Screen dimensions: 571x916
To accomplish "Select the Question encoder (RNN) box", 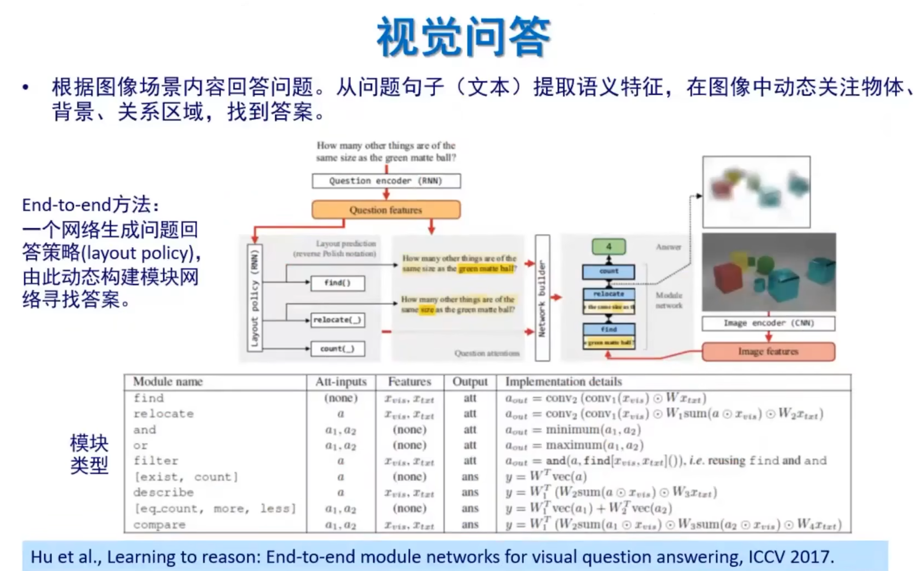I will [x=386, y=181].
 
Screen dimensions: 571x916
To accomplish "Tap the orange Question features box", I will [x=386, y=210].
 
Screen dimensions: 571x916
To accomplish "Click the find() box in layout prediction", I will [x=337, y=283].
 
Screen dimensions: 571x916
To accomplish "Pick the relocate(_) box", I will [x=337, y=320].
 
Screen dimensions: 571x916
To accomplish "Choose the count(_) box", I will [x=337, y=349].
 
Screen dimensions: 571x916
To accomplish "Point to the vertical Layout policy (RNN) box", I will [x=255, y=297].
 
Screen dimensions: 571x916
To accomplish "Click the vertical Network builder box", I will [x=542, y=298].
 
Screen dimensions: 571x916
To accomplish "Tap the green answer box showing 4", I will [x=608, y=247].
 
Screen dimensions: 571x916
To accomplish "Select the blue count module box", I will [x=608, y=271].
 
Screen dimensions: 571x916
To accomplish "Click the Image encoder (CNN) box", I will [x=768, y=323].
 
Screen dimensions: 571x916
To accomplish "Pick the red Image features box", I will [x=768, y=352].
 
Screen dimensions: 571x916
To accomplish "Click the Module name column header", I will [x=168, y=382].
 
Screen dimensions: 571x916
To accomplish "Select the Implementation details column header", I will [x=563, y=382].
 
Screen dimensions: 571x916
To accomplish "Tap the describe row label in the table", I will [x=164, y=492].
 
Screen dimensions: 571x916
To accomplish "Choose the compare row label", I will [x=159, y=525].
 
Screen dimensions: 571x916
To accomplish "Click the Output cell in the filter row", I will [x=470, y=461].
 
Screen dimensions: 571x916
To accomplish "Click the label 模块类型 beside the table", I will [x=89, y=454].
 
